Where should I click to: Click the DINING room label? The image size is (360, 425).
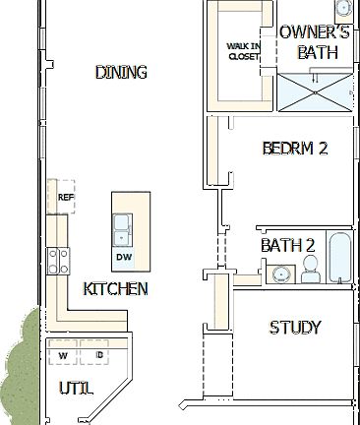[121, 72]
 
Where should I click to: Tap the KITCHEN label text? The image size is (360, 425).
[115, 288]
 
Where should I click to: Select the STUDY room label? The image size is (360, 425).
[295, 328]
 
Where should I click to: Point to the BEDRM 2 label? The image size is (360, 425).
[294, 149]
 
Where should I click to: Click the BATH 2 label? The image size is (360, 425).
[287, 245]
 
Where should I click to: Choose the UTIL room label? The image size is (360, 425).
[75, 390]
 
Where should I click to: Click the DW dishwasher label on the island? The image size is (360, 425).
[123, 257]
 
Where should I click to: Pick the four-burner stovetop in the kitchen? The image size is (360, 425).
[58, 260]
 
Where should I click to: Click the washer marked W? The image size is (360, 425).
[63, 355]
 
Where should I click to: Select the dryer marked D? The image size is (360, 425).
[99, 355]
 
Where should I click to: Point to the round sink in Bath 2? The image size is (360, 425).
[280, 273]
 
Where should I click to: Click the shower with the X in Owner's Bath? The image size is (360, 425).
[315, 94]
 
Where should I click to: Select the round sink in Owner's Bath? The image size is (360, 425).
[343, 9]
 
